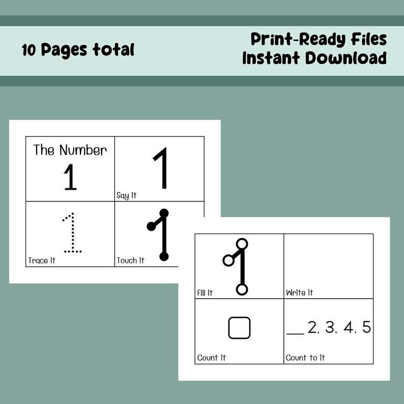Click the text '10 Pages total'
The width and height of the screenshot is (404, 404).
coord(78,50)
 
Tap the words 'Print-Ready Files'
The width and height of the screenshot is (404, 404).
coord(318,39)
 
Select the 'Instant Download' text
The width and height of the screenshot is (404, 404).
coord(314,58)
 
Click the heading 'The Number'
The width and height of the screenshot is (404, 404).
coord(70,150)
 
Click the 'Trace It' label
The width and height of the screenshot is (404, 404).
coord(42,261)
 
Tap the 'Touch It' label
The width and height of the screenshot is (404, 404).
coord(130,261)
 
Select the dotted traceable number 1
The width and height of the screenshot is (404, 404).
coord(72,233)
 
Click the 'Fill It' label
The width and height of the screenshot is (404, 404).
coord(205,293)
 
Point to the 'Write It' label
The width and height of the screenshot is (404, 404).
coord(299,293)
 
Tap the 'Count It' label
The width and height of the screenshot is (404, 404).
coord(211,358)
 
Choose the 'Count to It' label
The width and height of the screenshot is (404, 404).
coord(305,358)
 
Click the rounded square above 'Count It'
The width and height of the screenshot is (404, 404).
coord(239,328)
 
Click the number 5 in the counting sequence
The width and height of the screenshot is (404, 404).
coord(366,328)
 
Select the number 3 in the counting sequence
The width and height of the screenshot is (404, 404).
coord(331,328)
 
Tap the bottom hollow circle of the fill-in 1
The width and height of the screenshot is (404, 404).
coord(242,290)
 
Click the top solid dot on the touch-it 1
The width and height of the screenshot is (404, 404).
coord(164,213)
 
